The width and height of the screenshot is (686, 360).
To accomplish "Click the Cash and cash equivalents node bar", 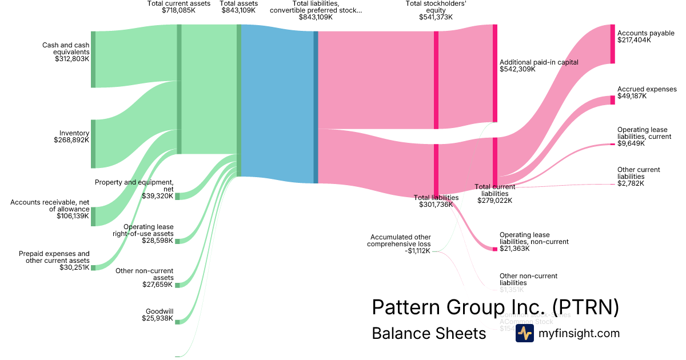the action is tap(93, 59).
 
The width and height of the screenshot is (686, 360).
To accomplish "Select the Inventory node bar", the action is tap(93, 144).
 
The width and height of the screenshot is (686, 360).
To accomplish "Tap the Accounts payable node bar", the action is tap(612, 44).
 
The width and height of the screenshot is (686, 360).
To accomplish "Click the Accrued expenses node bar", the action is tap(612, 101).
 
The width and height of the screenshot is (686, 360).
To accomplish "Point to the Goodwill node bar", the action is tap(177, 322).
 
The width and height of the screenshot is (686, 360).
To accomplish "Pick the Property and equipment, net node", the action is tap(177, 197).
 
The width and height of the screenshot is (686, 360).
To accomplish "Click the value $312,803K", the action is tap(72, 58).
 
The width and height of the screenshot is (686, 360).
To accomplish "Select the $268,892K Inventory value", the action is tap(71, 139).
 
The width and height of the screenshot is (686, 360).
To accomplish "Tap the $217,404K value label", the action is tap(634, 41).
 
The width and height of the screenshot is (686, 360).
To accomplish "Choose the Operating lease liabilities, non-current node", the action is tap(495, 249).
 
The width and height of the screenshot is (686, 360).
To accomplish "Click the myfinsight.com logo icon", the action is tap(524, 333).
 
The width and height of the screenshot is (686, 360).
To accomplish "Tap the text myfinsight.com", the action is tap(579, 333).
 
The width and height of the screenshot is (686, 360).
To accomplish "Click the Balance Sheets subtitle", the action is tap(428, 333).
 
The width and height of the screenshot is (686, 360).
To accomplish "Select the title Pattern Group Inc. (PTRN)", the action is tap(495, 307).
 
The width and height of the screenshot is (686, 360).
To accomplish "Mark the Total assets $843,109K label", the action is tap(238, 7).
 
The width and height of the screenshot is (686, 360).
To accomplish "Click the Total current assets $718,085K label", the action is tap(179, 7).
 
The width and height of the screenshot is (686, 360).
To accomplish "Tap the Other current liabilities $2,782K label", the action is tap(639, 177).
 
